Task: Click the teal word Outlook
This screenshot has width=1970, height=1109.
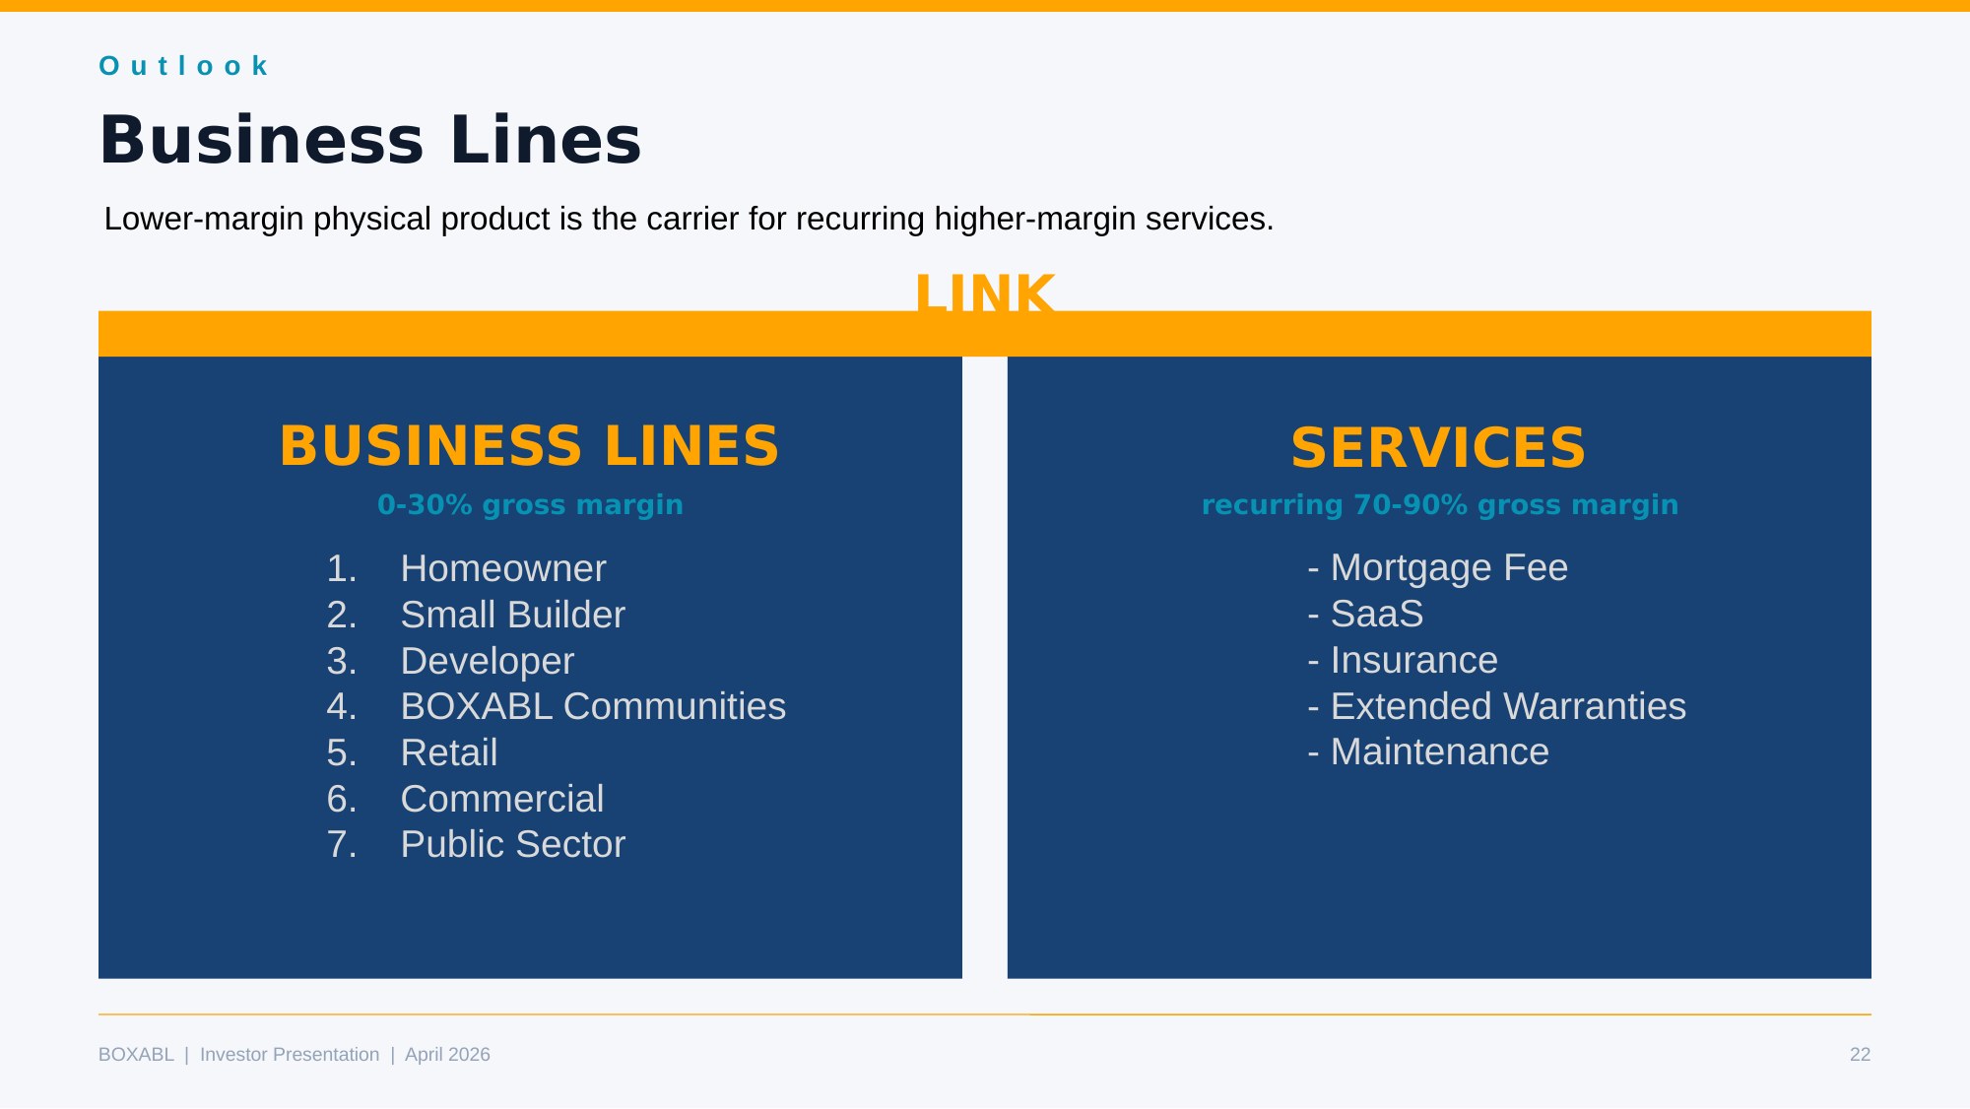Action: [184, 66]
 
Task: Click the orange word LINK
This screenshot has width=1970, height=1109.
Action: [984, 294]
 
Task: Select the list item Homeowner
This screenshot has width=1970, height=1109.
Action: [502, 568]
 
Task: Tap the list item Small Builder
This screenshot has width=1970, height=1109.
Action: [512, 615]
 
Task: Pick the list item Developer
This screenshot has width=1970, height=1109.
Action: [487, 661]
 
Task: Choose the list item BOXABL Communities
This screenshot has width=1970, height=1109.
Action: [593, 706]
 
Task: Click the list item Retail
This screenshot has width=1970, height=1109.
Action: [448, 752]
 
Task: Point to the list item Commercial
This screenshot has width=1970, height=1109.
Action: [501, 799]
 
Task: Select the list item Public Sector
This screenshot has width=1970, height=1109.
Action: [512, 844]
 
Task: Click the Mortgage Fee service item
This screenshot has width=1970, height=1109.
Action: [1448, 567]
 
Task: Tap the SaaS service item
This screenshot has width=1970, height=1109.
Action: [1376, 614]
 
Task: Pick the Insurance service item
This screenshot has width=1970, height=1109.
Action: [1413, 660]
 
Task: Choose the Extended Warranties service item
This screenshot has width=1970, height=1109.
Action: [1507, 706]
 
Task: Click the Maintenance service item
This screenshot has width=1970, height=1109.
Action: [1439, 751]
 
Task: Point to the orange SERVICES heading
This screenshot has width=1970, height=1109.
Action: [1438, 448]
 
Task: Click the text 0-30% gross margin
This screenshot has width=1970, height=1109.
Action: [530, 504]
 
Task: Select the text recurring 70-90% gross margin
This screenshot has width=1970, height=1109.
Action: [1439, 504]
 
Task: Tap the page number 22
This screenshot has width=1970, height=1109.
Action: [1860, 1055]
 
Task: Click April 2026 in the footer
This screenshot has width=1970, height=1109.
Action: [447, 1055]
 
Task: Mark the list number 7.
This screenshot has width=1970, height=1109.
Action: [341, 844]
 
